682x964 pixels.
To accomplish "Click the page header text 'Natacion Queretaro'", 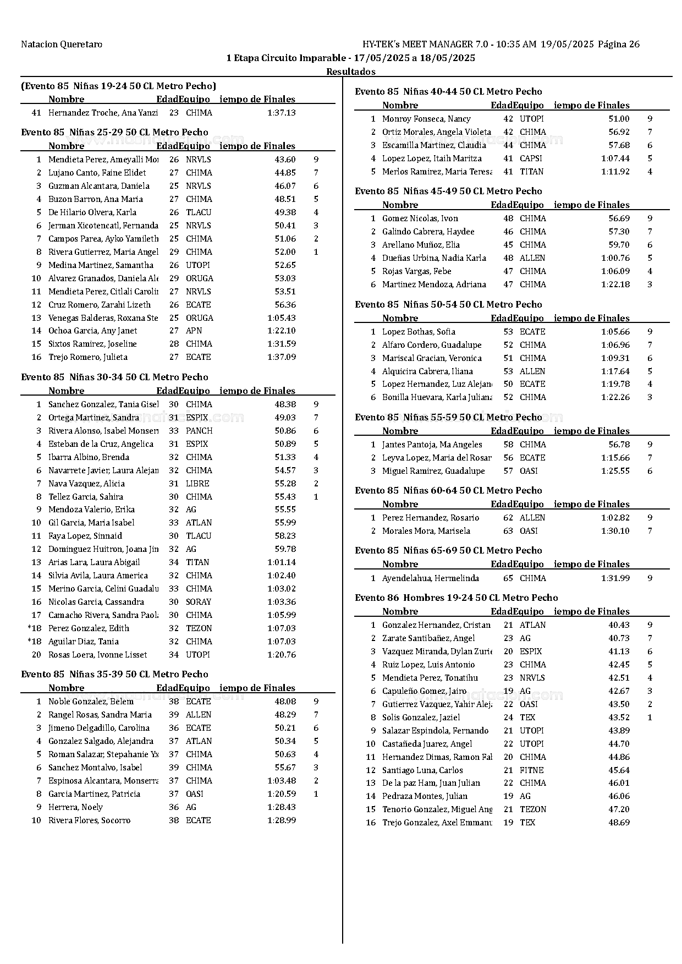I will point(62,44).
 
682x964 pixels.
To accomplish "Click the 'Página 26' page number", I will point(619,44).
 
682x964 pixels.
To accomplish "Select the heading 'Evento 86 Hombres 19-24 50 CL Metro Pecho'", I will point(456,598).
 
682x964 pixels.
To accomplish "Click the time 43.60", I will point(285,160).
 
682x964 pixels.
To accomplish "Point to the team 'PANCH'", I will point(199,431).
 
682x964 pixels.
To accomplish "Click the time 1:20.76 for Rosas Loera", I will point(282,655).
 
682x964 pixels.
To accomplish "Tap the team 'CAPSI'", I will point(531,158).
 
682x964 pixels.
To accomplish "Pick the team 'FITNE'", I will point(531,770).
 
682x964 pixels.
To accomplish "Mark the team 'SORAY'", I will point(199,602).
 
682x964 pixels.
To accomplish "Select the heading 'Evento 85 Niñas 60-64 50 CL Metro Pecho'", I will point(448,490).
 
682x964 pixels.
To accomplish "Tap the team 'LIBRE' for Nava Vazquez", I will point(197,484).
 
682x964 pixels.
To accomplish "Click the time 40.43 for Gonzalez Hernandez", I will point(619,625).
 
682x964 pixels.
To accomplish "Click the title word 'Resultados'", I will point(351,72).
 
